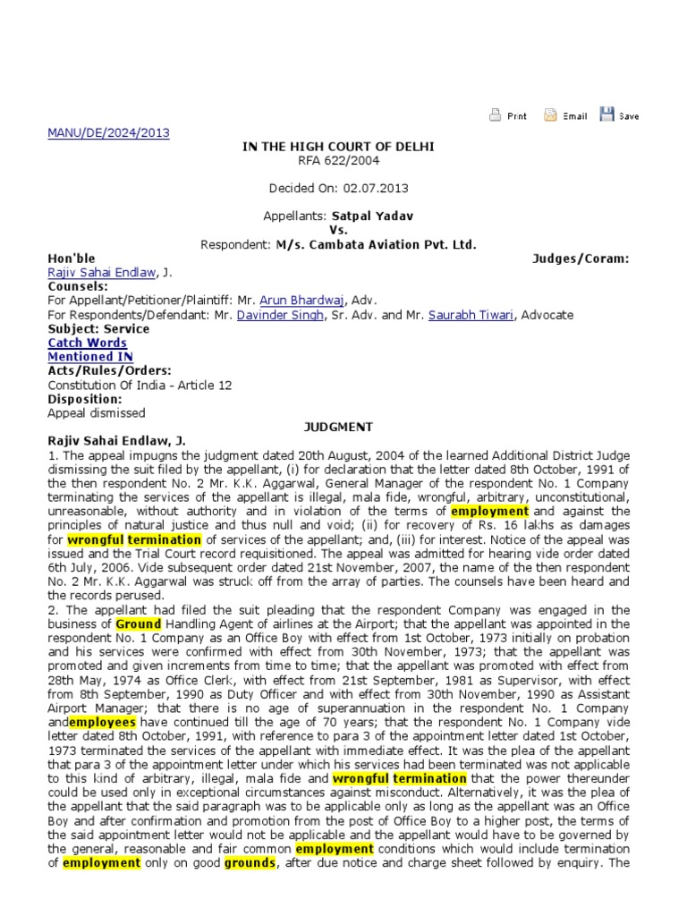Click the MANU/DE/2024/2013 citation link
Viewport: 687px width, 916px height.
click(107, 133)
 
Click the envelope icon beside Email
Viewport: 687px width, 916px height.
click(551, 114)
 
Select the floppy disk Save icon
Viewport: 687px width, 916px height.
click(607, 114)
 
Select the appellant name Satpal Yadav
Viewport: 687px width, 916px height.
click(373, 216)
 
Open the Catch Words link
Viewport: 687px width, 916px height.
click(87, 343)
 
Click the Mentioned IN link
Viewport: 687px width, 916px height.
click(89, 357)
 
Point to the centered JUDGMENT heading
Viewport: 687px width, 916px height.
click(337, 428)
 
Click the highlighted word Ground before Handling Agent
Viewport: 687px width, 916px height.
click(139, 623)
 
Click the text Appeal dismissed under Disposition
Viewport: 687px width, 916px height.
click(96, 413)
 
